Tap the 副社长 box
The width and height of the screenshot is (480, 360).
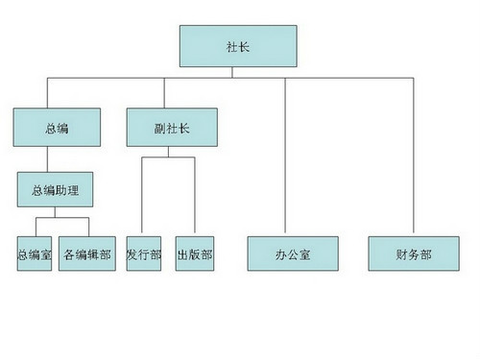172,127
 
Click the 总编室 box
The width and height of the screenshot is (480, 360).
36,255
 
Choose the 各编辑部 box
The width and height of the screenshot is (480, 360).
86,255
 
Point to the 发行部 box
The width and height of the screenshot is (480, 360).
144,255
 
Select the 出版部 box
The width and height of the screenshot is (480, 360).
195,255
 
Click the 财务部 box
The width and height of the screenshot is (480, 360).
414,255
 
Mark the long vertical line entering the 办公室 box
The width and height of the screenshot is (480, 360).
285,158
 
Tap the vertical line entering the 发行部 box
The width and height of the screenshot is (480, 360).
143,197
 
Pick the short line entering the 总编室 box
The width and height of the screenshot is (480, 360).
36,227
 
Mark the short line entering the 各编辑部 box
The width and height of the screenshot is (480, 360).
88,227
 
